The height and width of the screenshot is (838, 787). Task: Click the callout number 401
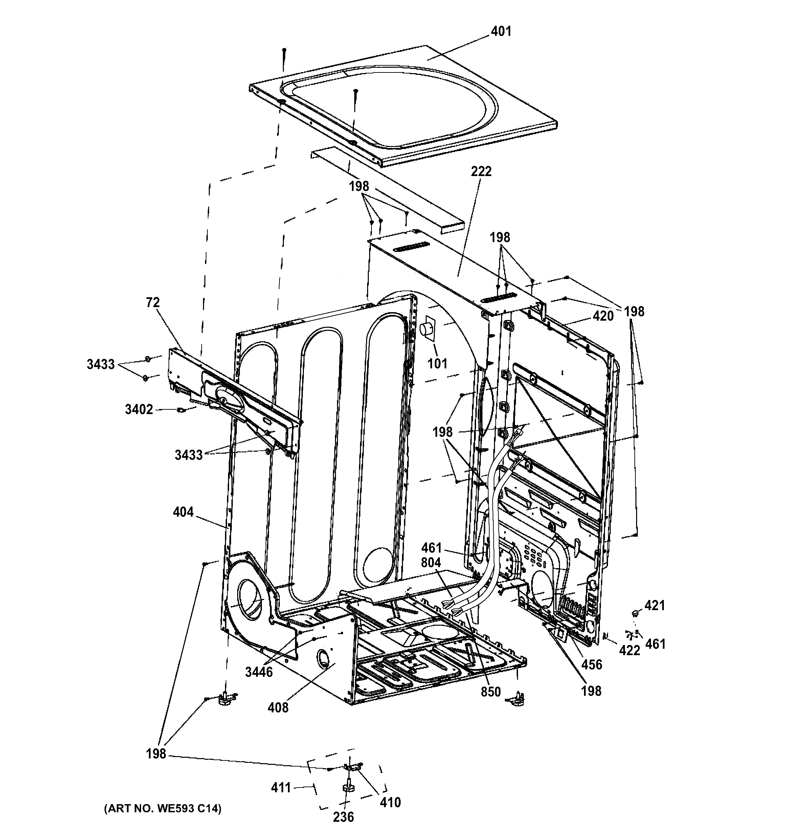click(501, 31)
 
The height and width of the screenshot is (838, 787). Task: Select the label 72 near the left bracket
click(153, 302)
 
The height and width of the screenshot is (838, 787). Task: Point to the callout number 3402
click(139, 409)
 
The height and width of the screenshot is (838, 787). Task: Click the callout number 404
click(183, 512)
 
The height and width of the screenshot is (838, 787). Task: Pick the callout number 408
click(278, 707)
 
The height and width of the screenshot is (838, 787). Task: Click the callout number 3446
click(259, 672)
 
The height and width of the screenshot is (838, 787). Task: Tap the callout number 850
click(491, 692)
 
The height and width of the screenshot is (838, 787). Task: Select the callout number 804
click(431, 563)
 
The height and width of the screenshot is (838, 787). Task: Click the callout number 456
click(591, 664)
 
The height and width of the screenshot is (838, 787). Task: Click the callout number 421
click(655, 605)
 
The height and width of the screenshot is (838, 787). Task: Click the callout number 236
click(343, 817)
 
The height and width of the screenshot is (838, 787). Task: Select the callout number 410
click(390, 802)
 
